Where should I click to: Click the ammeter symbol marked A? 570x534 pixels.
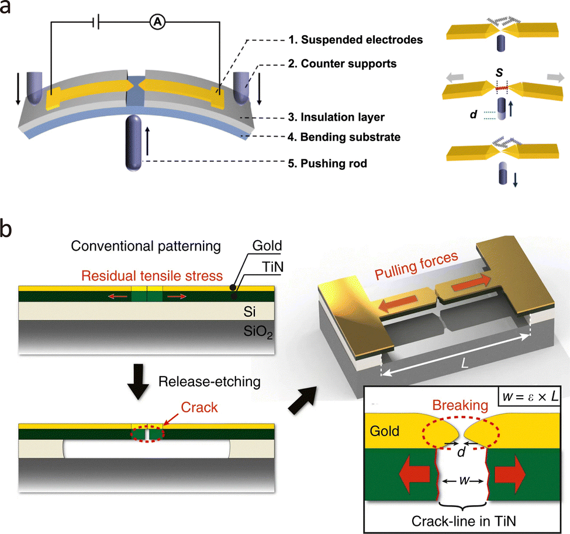coord(157,22)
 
